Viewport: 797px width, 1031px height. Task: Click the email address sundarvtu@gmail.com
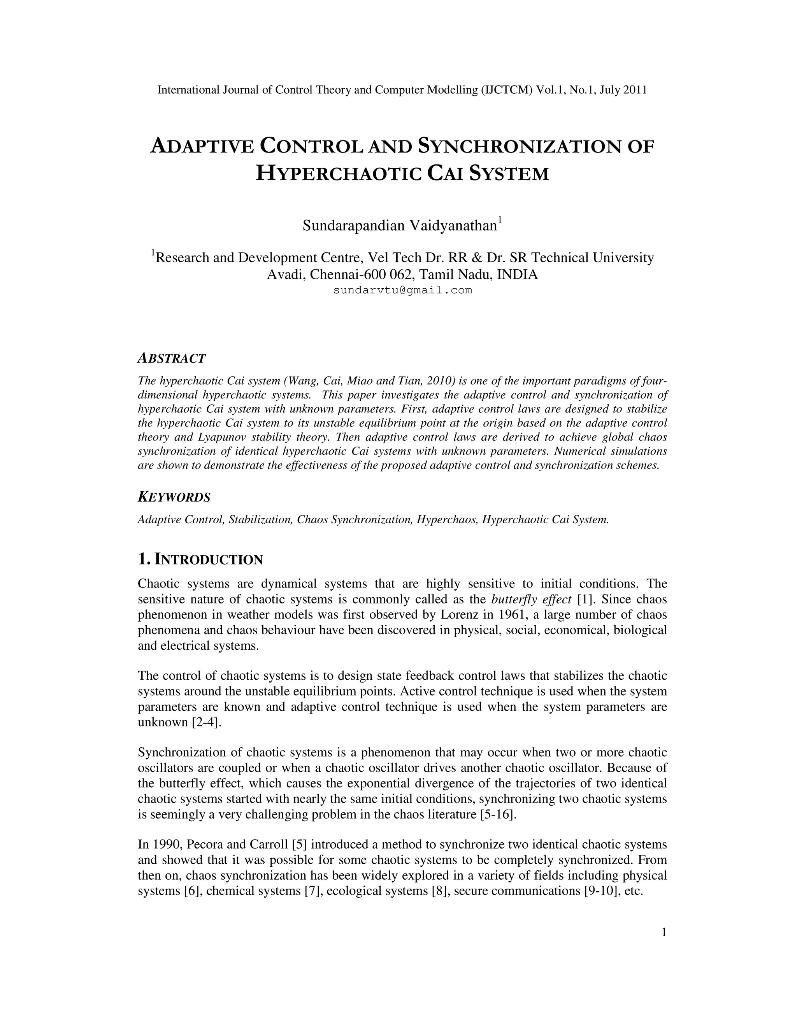coord(402,290)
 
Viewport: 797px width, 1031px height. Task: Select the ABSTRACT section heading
coord(171,359)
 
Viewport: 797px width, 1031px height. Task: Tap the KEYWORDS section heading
coord(174,498)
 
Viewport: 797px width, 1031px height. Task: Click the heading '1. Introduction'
coord(200,559)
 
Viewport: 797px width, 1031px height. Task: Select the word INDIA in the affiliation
coord(518,274)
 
